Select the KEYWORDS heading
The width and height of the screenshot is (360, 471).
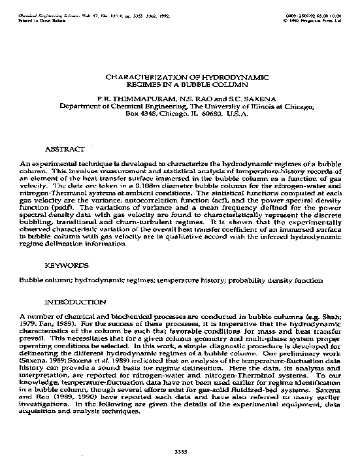(x=67, y=267)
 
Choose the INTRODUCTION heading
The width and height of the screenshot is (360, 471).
(x=74, y=302)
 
